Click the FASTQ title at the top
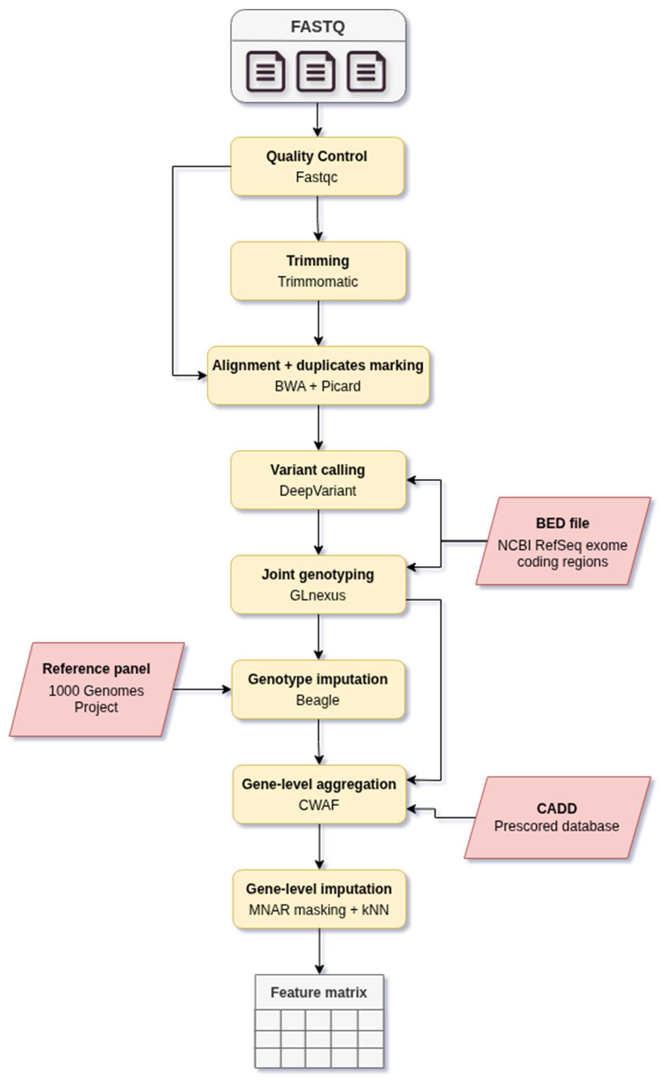click(x=318, y=27)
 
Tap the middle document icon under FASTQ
click(x=316, y=72)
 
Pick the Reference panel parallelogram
click(x=96, y=689)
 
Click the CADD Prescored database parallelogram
click(x=557, y=817)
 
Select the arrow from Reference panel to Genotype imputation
click(x=202, y=689)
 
